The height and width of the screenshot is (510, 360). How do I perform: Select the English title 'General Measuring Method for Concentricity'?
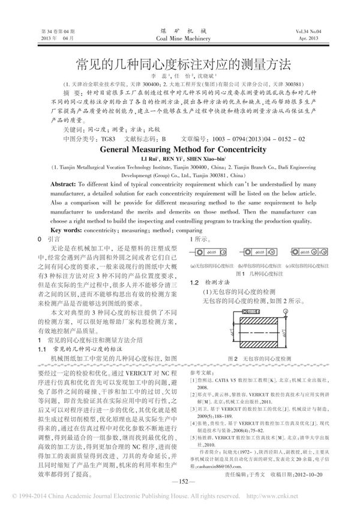(181, 151)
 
